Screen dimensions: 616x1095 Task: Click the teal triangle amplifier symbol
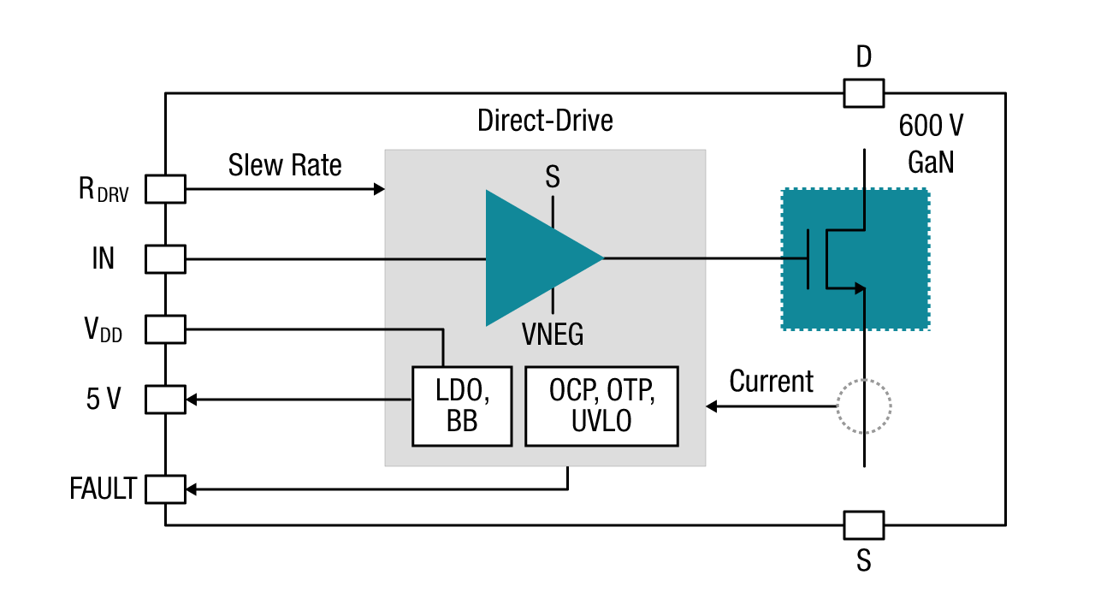[x=535, y=258]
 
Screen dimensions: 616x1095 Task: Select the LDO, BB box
[x=462, y=406]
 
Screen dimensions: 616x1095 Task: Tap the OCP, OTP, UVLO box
[x=601, y=406]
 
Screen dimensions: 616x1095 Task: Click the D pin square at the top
[x=864, y=93]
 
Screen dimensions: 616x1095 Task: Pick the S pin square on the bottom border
[x=864, y=524]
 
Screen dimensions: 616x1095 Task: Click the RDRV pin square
[x=165, y=189]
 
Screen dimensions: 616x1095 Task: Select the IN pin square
[x=165, y=258]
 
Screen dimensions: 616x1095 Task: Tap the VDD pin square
[x=165, y=329]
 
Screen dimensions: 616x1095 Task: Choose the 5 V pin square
[x=165, y=399]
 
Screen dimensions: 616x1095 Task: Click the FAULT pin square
[x=165, y=489]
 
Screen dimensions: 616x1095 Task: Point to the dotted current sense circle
[x=864, y=406]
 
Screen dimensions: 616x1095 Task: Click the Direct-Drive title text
[x=545, y=121]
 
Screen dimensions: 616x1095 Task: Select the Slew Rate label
[x=285, y=165]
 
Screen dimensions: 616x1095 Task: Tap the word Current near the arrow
[x=771, y=382]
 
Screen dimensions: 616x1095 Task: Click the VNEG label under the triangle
[x=553, y=335]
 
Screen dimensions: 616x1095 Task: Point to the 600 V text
[x=931, y=127]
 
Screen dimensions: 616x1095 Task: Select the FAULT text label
[x=103, y=489]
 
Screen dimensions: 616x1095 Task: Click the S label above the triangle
[x=553, y=178]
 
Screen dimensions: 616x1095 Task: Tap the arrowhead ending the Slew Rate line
[x=380, y=189]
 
